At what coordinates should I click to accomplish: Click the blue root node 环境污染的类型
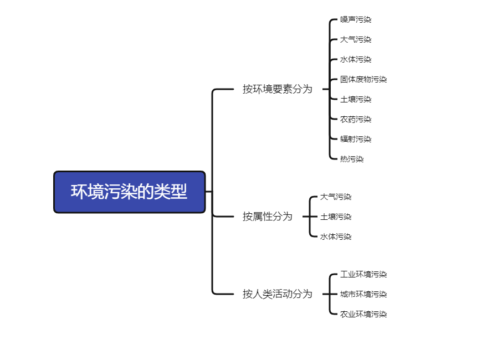coord(129,192)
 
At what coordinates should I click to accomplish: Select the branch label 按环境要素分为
coord(277,89)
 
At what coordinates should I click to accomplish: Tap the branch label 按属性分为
coord(267,217)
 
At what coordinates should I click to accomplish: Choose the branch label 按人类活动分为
coord(277,294)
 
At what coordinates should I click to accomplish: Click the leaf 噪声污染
coord(356,19)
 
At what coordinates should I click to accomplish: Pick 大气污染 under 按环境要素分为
coord(356,39)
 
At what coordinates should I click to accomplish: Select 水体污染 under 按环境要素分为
coord(356,59)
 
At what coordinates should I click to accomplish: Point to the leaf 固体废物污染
coord(363,79)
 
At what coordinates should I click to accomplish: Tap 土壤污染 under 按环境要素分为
coord(356,99)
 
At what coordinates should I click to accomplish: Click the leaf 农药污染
coord(356,119)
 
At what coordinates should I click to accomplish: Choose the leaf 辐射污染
coord(356,139)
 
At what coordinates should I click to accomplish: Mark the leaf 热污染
coord(352,159)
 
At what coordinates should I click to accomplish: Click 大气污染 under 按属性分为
coord(336,197)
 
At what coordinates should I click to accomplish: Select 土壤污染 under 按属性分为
coord(336,217)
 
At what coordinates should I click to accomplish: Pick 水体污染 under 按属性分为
coord(336,236)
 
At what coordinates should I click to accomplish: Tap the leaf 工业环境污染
coord(363,274)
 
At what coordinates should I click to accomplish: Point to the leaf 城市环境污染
coord(363,294)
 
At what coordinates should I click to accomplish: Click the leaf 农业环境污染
coord(363,314)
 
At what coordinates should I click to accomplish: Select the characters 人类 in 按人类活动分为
coord(263,294)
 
